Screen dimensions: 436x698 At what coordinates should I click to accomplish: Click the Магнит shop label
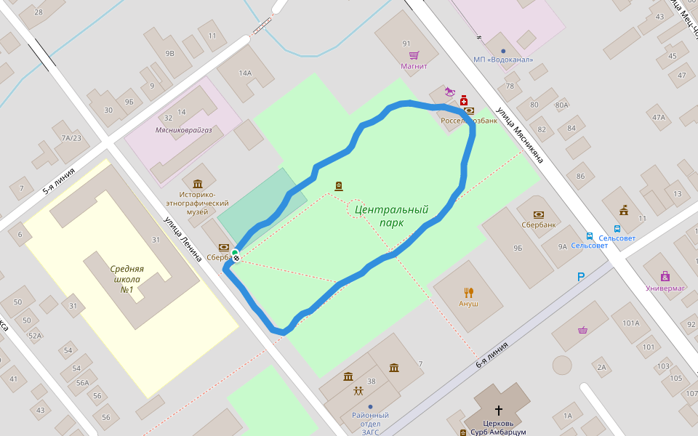pos(414,66)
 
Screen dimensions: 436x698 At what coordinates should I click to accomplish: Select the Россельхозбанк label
pos(469,121)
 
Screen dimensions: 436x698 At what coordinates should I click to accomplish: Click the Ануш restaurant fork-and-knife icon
pos(469,292)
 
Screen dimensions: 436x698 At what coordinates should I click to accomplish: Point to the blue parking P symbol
pos(580,277)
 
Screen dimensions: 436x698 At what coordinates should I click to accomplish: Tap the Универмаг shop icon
pos(665,276)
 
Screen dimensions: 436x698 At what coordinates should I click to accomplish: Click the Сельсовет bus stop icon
pos(589,236)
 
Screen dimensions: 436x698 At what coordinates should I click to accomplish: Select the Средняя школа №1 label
pos(127,279)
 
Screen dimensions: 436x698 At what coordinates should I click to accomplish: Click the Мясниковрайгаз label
pos(183,129)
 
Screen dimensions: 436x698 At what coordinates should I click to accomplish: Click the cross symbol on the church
pos(499,410)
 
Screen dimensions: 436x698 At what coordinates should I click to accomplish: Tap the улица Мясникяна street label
pos(521,135)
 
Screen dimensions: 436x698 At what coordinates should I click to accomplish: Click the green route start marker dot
pos(235,252)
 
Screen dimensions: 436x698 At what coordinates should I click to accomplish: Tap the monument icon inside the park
pos(338,187)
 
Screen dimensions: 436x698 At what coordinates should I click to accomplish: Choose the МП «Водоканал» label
pos(503,60)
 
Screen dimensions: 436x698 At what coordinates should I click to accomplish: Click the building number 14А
pos(245,73)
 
